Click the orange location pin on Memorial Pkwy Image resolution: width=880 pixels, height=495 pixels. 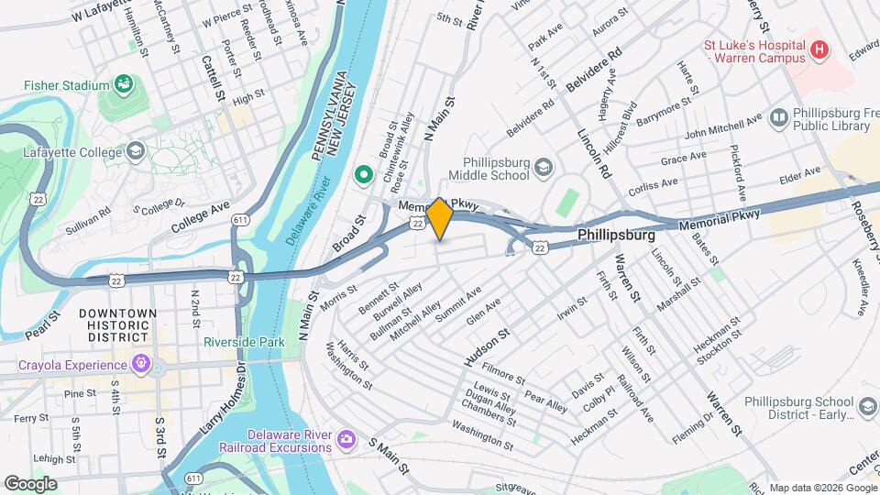point(440,217)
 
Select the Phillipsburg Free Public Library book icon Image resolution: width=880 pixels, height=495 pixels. point(779,117)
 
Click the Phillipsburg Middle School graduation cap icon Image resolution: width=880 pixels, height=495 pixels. point(544,167)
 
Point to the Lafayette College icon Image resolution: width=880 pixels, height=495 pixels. point(136,150)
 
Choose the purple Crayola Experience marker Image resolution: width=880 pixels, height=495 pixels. point(139,364)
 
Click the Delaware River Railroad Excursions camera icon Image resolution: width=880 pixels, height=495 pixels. point(346,439)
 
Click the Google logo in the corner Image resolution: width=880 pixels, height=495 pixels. point(30,483)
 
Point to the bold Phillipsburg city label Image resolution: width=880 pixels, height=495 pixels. point(616,236)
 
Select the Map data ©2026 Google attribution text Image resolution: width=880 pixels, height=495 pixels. point(820,487)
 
